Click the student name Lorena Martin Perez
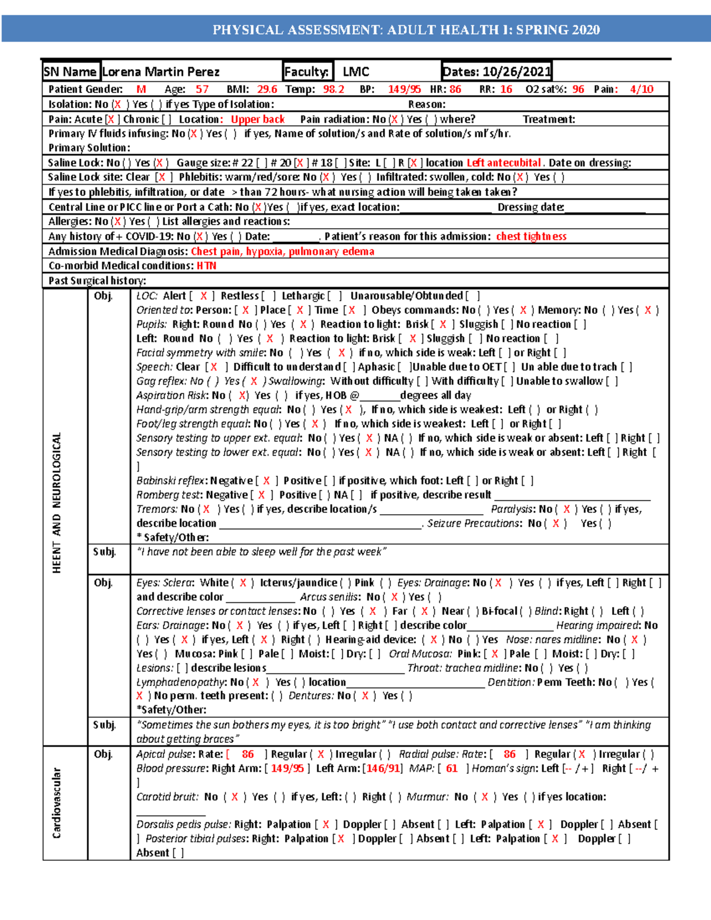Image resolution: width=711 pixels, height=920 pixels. pyautogui.click(x=161, y=72)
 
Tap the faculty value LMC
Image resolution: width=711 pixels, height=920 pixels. pyautogui.click(x=356, y=72)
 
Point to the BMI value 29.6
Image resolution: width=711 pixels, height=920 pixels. pyautogui.click(x=267, y=89)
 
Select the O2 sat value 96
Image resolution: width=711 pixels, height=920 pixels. pyautogui.click(x=578, y=89)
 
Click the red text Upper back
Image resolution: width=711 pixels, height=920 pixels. pyautogui.click(x=258, y=119)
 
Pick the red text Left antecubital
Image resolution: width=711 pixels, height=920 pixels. pyautogui.click(x=504, y=163)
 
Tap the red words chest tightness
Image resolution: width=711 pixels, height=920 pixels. pyautogui.click(x=531, y=236)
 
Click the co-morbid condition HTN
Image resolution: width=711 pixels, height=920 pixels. pyautogui.click(x=206, y=266)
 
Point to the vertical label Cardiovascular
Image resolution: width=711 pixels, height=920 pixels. pyautogui.click(x=57, y=803)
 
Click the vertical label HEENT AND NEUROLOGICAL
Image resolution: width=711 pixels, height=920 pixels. pyautogui.click(x=57, y=502)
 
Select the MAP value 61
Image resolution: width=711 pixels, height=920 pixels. pyautogui.click(x=451, y=768)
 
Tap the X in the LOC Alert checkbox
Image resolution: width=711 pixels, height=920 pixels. pyautogui.click(x=203, y=296)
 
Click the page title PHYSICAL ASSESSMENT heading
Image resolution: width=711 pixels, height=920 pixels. pyautogui.click(x=406, y=30)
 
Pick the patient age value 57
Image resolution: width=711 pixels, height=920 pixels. pyautogui.click(x=202, y=89)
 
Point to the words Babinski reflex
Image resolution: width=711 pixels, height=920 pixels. pyautogui.click(x=172, y=480)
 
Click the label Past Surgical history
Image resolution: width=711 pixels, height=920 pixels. pyautogui.click(x=97, y=281)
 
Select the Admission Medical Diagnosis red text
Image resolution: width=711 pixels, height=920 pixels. pyautogui.click(x=282, y=251)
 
